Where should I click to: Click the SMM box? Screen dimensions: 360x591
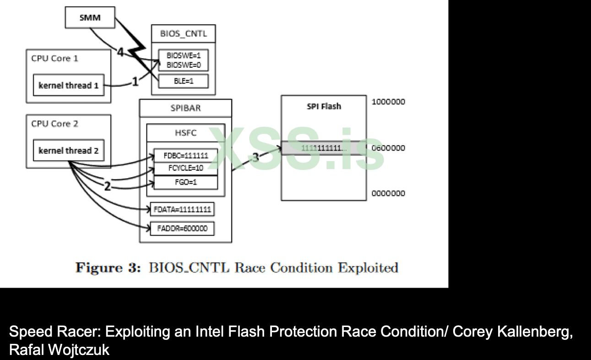coord(91,19)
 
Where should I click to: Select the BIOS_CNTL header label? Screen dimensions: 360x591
coord(183,33)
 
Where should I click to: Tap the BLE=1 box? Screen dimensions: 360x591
coord(183,81)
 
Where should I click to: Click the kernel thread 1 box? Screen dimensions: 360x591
coord(69,85)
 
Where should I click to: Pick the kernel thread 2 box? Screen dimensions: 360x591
coord(69,151)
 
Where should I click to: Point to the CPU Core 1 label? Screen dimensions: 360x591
coord(54,59)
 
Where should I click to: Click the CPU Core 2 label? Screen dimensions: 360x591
coord(54,124)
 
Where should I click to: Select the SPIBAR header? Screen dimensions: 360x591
coord(185,109)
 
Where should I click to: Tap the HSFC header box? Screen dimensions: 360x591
coord(185,133)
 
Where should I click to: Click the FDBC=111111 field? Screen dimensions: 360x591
coord(185,156)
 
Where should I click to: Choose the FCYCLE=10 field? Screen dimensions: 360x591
coord(185,168)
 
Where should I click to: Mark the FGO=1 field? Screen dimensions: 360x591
coord(185,182)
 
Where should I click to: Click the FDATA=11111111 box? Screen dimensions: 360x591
coord(182,210)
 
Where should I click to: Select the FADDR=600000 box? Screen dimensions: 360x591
coord(182,228)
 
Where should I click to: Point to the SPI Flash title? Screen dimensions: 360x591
coord(324,106)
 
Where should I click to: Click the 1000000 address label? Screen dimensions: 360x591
coord(388,102)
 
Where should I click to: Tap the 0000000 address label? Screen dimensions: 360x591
coord(388,193)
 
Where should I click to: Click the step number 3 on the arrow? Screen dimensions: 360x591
coord(255,157)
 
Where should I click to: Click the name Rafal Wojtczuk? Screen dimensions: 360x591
coord(60,350)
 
